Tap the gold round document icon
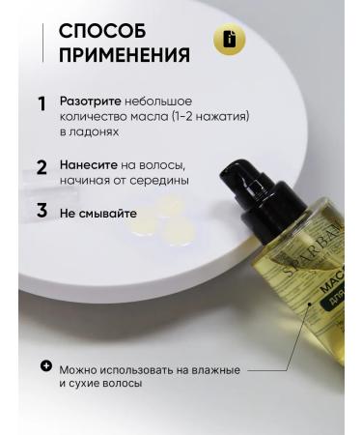pos(230,42)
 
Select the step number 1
pos(42,103)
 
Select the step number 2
pos(42,166)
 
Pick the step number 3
pos(42,210)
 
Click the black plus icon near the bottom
pos(45,366)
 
